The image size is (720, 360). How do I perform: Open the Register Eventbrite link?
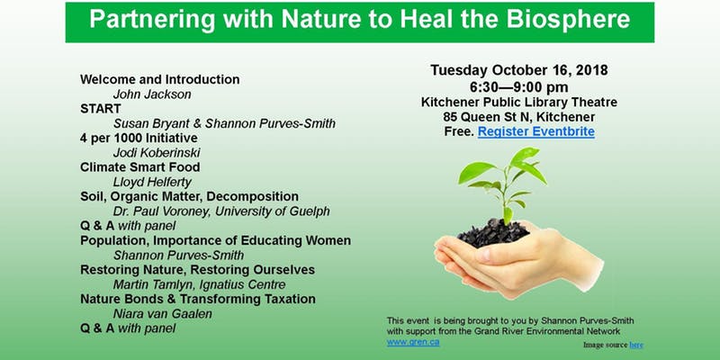coord(535,132)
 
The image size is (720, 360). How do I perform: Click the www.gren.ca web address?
coord(408,342)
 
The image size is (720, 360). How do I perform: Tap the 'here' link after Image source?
coord(636,345)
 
